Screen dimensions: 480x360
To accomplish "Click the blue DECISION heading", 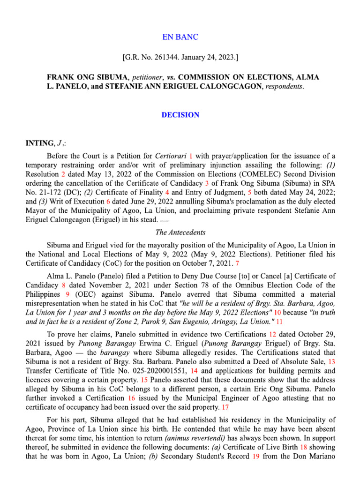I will pos(180,115).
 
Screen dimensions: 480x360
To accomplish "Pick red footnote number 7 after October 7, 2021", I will pos(237,264).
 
